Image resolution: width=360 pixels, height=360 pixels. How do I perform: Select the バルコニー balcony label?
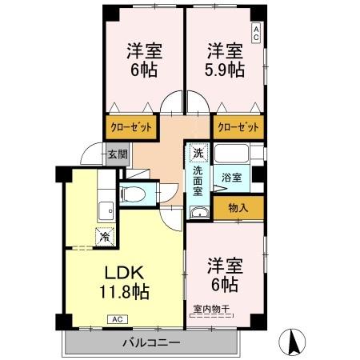tap(151, 343)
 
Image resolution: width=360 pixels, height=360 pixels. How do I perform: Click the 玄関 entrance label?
tap(117, 155)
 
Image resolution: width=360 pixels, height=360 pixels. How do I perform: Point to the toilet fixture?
tap(135, 194)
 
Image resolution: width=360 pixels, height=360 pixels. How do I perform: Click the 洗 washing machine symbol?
tap(197, 151)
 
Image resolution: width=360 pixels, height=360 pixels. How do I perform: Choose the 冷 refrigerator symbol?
tap(105, 236)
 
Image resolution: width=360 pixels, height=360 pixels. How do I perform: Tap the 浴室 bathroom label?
tap(231, 178)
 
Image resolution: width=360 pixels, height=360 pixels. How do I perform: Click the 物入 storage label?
tap(238, 208)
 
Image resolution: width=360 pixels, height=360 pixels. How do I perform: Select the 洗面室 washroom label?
tap(197, 181)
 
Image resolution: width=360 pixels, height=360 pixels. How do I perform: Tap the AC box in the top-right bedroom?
tap(256, 33)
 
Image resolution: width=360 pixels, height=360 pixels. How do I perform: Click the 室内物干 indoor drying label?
tap(211, 308)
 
